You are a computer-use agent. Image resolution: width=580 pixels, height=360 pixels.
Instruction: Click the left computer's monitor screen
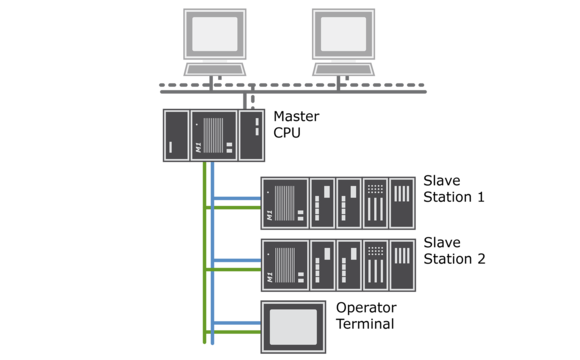coord(214,34)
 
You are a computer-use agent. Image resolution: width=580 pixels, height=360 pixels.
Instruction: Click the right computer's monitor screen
coord(343,34)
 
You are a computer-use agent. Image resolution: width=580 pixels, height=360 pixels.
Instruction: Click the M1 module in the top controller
coord(214,135)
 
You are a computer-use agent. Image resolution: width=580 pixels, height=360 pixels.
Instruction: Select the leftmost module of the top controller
coord(175,135)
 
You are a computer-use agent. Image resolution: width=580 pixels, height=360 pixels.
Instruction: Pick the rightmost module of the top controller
coord(252,135)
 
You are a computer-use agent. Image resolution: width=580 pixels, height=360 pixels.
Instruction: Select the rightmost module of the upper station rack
coord(402,203)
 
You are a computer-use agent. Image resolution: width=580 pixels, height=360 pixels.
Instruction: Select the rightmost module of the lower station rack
coord(402,265)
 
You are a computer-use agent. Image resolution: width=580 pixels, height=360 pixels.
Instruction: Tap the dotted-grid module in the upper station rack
coord(375,203)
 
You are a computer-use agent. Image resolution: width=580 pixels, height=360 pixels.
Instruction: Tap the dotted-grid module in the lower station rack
coord(375,265)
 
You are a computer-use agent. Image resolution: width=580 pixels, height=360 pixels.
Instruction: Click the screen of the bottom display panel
coord(293,326)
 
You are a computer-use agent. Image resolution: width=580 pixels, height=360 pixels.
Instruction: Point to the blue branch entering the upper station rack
coord(237,198)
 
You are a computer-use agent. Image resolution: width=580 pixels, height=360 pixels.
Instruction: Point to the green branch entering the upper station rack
coord(237,208)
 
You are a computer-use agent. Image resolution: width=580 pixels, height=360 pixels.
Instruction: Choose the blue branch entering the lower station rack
coord(237,260)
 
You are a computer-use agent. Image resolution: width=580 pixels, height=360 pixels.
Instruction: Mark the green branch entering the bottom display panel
coord(237,332)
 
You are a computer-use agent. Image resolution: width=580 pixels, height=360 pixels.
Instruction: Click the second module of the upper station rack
coord(322,203)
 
